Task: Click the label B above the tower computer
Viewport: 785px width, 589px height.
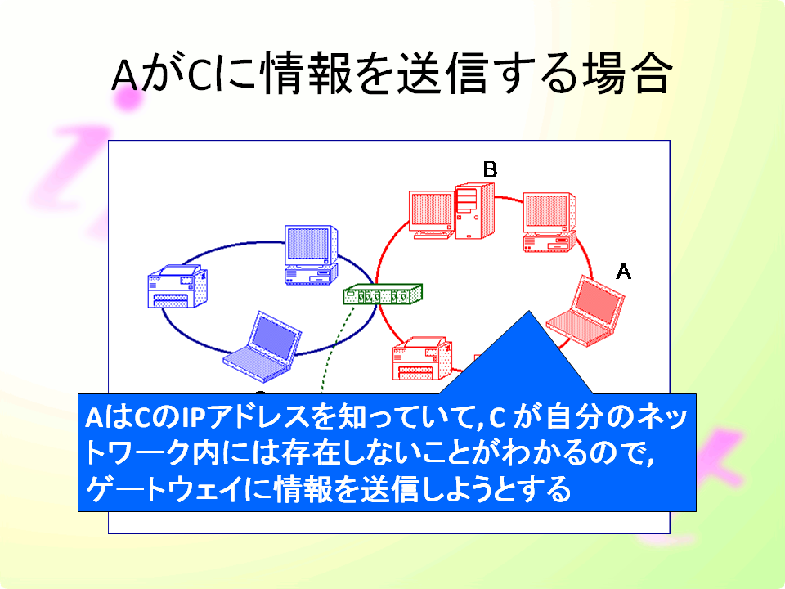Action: (x=490, y=169)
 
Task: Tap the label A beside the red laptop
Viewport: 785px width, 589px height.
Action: (x=623, y=271)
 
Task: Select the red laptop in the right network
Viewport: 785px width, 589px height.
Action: (x=585, y=311)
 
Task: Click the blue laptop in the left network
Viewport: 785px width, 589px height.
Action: (x=262, y=347)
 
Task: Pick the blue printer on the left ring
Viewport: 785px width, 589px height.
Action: (x=177, y=286)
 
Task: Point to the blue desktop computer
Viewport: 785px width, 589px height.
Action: (x=311, y=255)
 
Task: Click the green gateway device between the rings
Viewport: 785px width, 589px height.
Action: (x=383, y=294)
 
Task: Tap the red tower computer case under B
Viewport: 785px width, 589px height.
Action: (x=474, y=211)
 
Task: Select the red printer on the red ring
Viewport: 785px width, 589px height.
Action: (x=423, y=358)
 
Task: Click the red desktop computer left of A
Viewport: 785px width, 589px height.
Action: (x=549, y=222)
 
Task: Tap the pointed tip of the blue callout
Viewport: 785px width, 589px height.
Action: (x=529, y=311)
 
